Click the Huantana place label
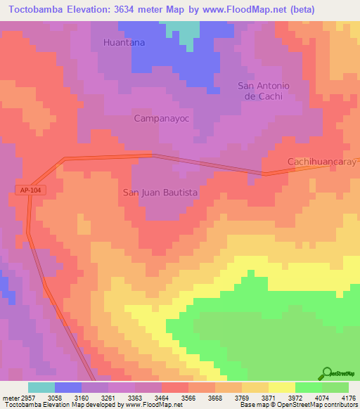tap(124, 42)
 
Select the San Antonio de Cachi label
tap(264, 91)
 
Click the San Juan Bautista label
tap(160, 191)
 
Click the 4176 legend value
tap(348, 397)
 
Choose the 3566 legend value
tap(188, 397)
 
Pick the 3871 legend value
tap(268, 397)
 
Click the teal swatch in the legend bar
tap(41, 387)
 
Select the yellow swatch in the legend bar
tap(281, 387)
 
